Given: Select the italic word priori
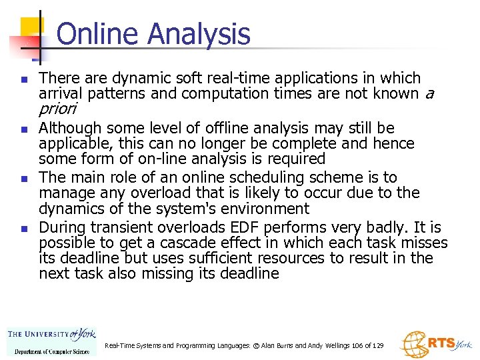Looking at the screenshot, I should pyautogui.click(x=58, y=109).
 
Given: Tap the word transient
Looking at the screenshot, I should pyautogui.click(x=111, y=228).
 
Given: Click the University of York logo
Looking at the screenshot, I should pyautogui.click(x=51, y=341).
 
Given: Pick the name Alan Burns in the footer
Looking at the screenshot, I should pyautogui.click(x=275, y=346).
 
